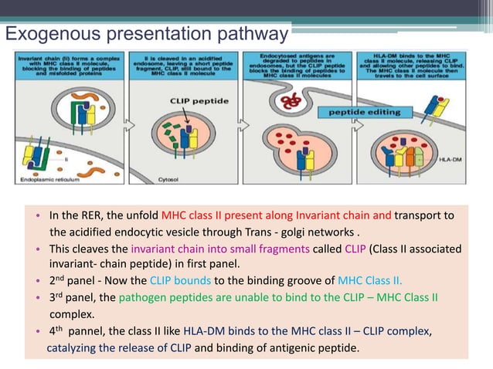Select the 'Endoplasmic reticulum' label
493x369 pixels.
50,179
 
